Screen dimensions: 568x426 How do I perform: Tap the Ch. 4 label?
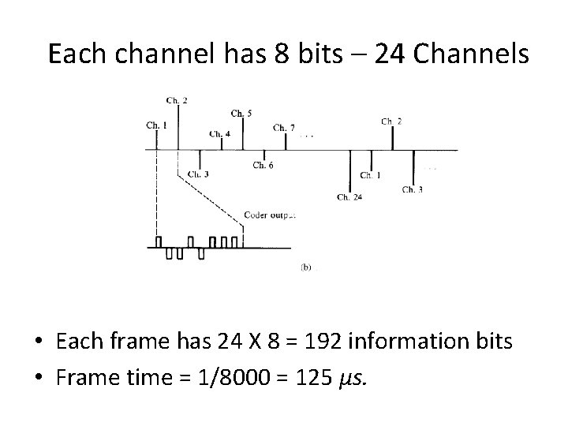220,134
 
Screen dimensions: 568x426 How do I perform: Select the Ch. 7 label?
284,128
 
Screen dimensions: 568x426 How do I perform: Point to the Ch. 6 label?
263,165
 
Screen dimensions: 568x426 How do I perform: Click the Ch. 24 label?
349,196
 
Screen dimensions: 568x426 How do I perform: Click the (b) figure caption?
306,267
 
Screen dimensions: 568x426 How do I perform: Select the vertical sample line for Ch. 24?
349,170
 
